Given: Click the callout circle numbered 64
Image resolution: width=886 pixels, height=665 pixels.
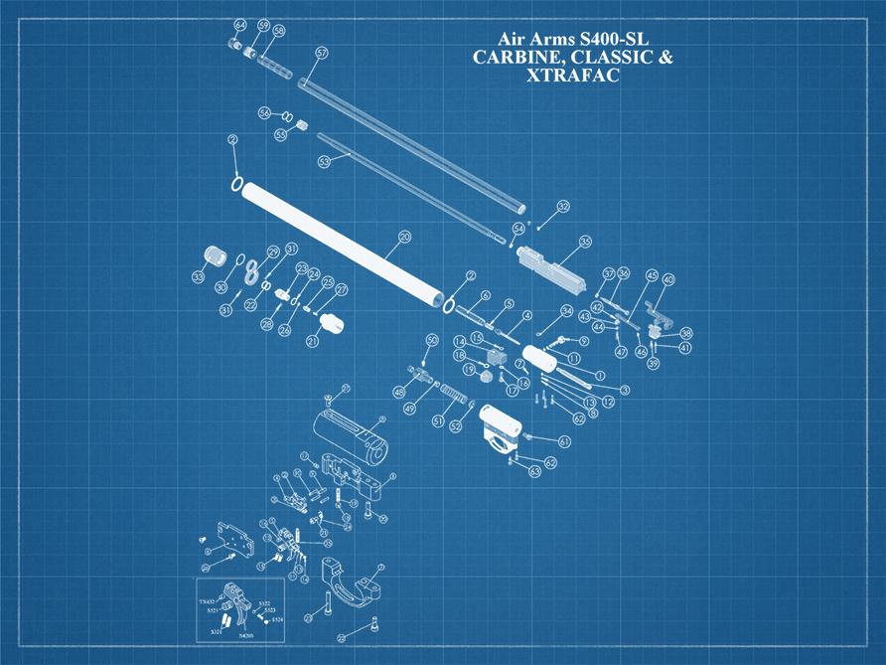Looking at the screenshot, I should (x=239, y=24).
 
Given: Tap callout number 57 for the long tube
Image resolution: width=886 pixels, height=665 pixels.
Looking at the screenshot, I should (x=321, y=52).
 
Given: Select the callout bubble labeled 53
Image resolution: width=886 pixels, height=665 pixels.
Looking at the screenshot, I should (x=324, y=161).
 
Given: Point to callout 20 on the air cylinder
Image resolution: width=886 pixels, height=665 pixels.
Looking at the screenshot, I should (x=404, y=238).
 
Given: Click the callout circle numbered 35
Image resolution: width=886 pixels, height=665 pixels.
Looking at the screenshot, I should (x=585, y=242).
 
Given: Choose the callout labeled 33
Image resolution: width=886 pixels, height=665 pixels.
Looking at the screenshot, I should (x=199, y=277).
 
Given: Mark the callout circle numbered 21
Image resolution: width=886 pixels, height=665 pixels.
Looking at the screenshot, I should (x=313, y=342).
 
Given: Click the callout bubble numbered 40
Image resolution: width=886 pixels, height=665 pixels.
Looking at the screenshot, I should (x=668, y=280).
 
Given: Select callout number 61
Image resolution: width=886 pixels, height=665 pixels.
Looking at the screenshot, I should (x=564, y=441).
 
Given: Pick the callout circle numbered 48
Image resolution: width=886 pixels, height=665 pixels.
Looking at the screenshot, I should (x=399, y=393).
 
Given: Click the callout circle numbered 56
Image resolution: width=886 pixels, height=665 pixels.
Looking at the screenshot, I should (x=264, y=112).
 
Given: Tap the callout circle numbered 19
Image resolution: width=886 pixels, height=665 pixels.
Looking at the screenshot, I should (x=468, y=370).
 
